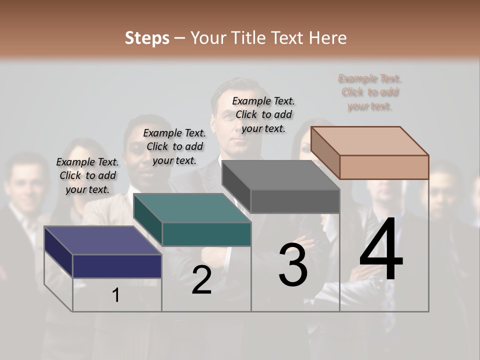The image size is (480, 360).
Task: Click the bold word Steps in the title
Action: pyautogui.click(x=146, y=38)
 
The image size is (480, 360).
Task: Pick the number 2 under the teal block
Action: pyautogui.click(x=201, y=280)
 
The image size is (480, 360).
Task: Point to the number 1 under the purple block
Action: pyautogui.click(x=115, y=295)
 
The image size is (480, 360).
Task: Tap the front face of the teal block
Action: pyautogui.click(x=206, y=234)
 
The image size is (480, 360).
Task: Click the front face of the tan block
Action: pyautogui.click(x=384, y=166)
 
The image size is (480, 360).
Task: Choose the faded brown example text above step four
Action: pyautogui.click(x=369, y=92)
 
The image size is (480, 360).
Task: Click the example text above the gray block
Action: pyautogui.click(x=263, y=114)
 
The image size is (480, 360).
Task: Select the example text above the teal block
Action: pyautogui.click(x=174, y=146)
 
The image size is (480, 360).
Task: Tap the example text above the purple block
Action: pyautogui.click(x=87, y=175)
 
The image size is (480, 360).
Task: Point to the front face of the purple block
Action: pyautogui.click(x=117, y=265)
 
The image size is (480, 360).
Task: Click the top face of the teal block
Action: pyautogui.click(x=192, y=207)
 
